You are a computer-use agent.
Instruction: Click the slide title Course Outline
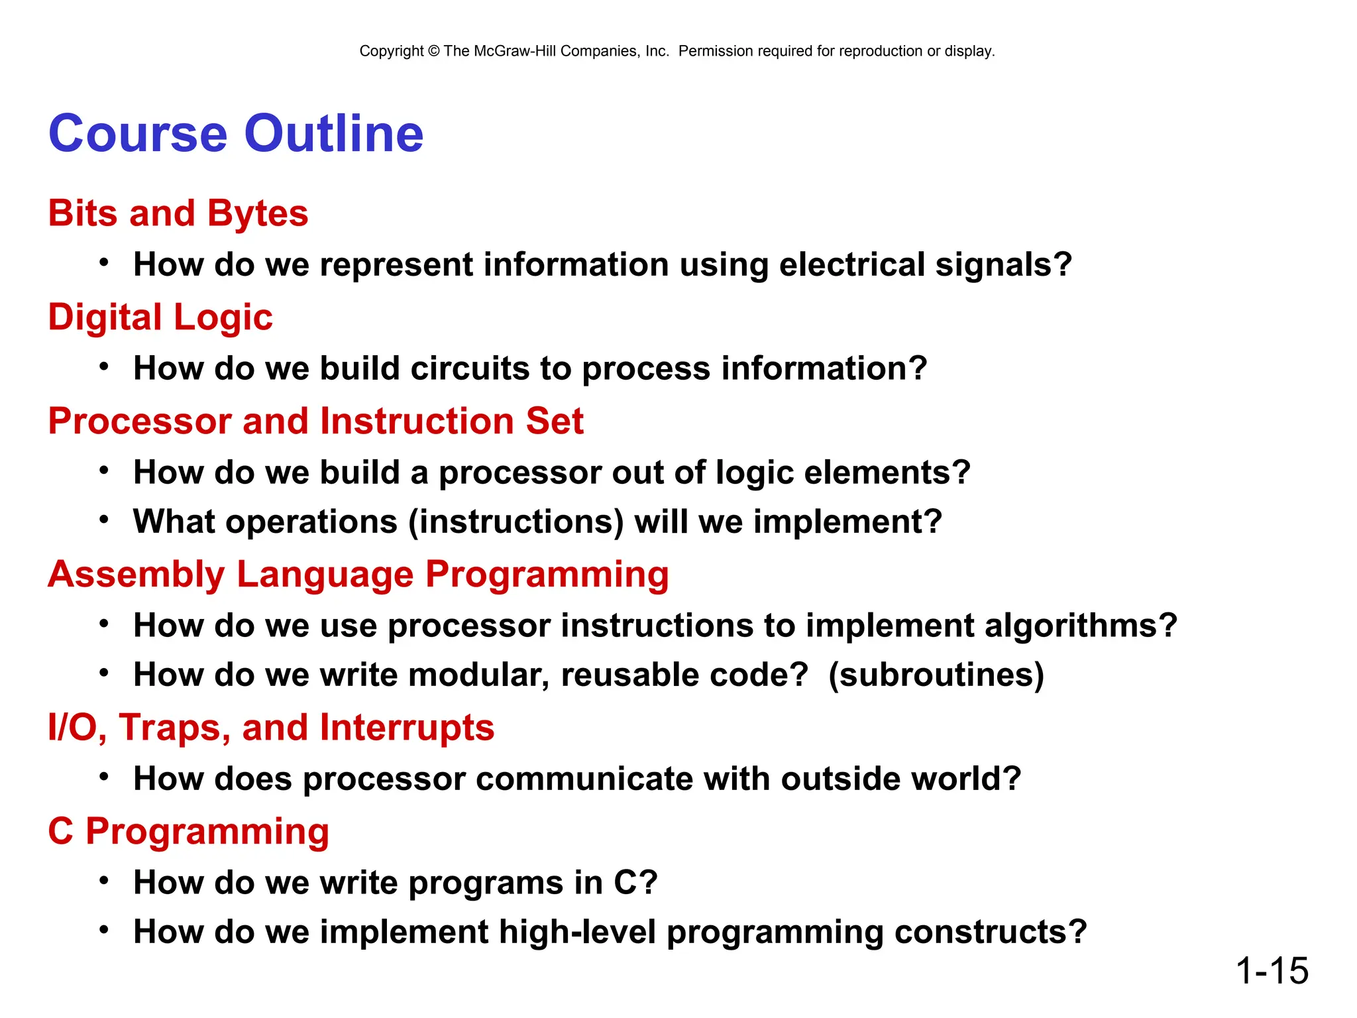(x=235, y=134)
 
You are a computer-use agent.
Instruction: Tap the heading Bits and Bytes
(x=178, y=213)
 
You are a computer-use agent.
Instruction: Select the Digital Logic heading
(x=160, y=317)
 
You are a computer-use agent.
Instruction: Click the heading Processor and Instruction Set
(x=315, y=421)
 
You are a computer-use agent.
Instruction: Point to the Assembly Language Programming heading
(x=358, y=574)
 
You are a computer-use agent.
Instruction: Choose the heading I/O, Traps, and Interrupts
(x=270, y=727)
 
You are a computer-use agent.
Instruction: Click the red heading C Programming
(x=188, y=831)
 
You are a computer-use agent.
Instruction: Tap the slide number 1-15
(x=1272, y=971)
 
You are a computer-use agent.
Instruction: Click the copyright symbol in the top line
(x=433, y=51)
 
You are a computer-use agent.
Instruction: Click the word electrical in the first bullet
(x=851, y=264)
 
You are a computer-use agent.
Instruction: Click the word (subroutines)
(x=936, y=675)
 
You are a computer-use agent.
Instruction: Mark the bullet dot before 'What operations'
(x=104, y=519)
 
